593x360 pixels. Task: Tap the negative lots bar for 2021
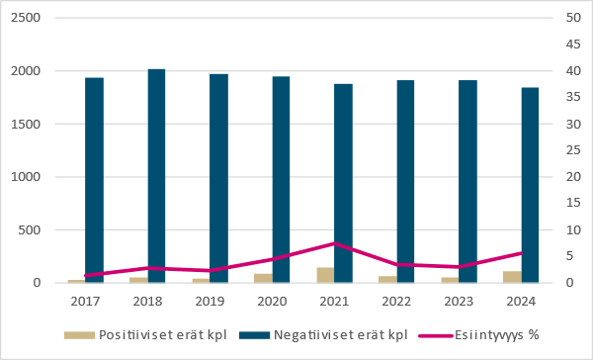[343, 183]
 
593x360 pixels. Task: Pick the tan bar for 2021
[325, 275]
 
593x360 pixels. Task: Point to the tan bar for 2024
[512, 277]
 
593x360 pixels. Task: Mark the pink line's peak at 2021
[334, 243]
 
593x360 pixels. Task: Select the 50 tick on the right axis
[570, 18]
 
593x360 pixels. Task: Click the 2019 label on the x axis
[210, 300]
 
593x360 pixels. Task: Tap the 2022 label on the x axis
[396, 300]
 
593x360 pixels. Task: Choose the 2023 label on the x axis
[459, 300]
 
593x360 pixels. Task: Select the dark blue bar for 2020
[281, 180]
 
